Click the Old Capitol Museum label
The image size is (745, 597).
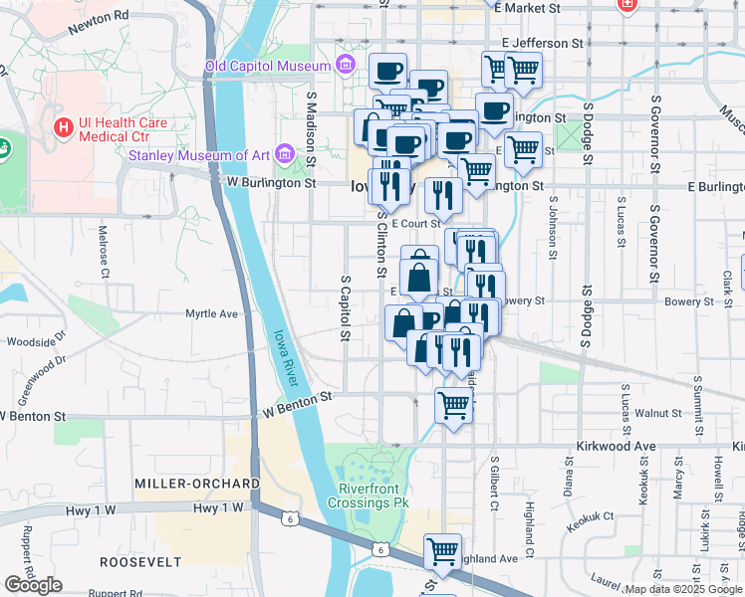[267, 66]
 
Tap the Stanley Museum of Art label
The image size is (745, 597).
[199, 154]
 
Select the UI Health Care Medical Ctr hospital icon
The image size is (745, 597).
[64, 128]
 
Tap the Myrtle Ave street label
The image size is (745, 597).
[212, 313]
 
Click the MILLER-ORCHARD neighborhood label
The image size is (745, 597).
[196, 484]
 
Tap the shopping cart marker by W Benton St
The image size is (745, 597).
[454, 404]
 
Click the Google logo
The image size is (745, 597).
[34, 585]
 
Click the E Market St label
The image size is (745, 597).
[540, 8]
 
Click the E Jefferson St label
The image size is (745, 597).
[543, 44]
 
